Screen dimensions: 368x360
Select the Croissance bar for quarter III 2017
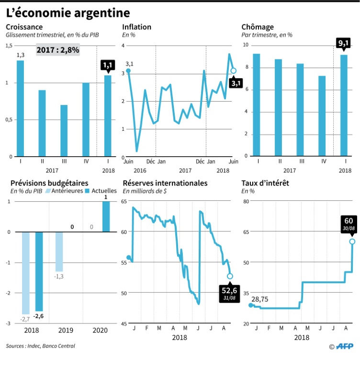64,130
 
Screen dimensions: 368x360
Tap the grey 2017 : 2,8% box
58,50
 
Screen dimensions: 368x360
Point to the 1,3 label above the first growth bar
20,55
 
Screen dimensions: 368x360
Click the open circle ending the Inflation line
233,70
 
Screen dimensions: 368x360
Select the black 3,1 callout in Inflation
236,83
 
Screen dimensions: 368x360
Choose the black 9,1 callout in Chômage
343,44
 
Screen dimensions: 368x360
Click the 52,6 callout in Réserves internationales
228,291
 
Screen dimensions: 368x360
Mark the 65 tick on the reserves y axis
123,202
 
